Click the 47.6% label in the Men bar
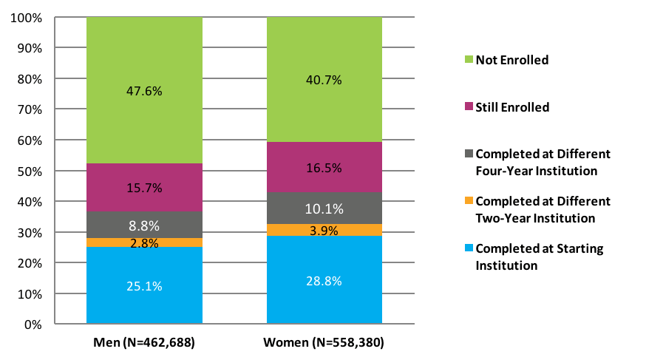[144, 92]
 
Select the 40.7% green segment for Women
[324, 80]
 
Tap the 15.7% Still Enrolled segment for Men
[144, 188]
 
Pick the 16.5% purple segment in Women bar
[324, 168]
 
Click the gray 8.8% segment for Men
[144, 225]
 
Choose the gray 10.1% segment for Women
[324, 208]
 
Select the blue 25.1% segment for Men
[144, 285]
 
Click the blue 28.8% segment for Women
[324, 279]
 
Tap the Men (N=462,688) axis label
[144, 343]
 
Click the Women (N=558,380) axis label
[324, 343]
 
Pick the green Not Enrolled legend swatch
[469, 60]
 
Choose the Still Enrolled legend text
[512, 107]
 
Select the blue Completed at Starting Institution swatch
[469, 249]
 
